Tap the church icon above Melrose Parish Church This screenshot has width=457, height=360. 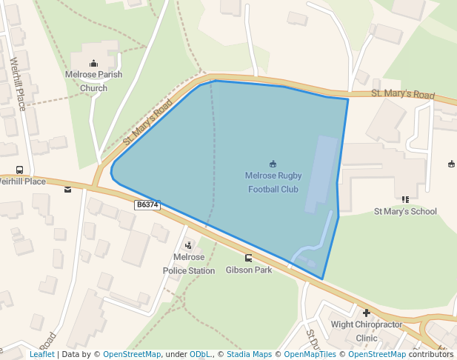pyautogui.click(x=93, y=63)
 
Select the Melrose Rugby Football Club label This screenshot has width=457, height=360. pyautogui.click(x=273, y=182)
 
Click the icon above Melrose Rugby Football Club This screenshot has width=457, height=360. pyautogui.click(x=273, y=164)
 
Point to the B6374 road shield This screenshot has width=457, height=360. pyautogui.click(x=147, y=204)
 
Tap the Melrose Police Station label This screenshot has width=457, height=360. pyautogui.click(x=189, y=264)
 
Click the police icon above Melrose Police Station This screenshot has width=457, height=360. pyautogui.click(x=188, y=245)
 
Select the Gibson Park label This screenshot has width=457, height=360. pyautogui.click(x=248, y=270)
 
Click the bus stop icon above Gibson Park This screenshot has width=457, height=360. pyautogui.click(x=248, y=258)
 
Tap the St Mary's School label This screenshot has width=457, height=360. pyautogui.click(x=405, y=211)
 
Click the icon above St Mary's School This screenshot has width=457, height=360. pyautogui.click(x=405, y=199)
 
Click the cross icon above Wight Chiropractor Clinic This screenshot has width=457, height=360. pyautogui.click(x=366, y=313)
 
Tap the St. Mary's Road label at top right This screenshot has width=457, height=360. pyautogui.click(x=403, y=95)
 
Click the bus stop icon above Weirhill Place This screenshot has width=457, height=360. pyautogui.click(x=19, y=170)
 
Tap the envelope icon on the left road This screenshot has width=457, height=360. pyautogui.click(x=68, y=190)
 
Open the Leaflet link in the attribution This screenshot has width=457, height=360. pyautogui.click(x=42, y=354)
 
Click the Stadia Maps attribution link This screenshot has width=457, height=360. pyautogui.click(x=248, y=354)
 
